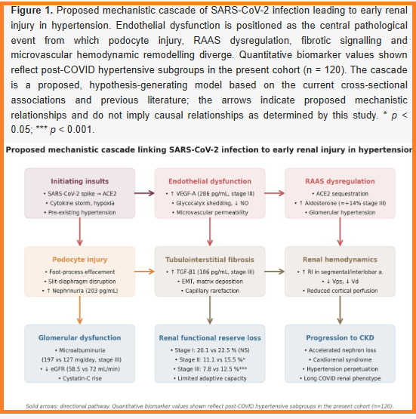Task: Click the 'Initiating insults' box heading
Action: click(79, 181)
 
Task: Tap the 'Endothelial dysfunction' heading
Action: click(210, 181)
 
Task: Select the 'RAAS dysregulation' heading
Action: click(340, 181)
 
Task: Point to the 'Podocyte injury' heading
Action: click(79, 260)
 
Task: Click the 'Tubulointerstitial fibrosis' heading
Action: click(210, 260)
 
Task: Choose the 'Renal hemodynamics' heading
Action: click(340, 260)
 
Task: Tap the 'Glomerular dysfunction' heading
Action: click(79, 337)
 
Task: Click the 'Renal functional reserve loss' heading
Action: click(210, 337)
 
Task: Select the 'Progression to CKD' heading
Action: click(340, 337)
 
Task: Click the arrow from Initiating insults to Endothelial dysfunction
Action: click(144, 193)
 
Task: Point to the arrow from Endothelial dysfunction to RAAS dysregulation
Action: click(275, 193)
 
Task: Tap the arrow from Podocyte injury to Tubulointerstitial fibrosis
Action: click(144, 272)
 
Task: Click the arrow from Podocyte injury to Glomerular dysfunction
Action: click(79, 310)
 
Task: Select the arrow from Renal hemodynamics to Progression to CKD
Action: click(340, 310)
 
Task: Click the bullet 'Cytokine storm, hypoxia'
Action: click(79, 203)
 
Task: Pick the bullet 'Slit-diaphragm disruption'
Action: click(79, 282)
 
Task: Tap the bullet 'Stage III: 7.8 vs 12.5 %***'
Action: click(210, 369)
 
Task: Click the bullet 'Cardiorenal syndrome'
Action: click(340, 359)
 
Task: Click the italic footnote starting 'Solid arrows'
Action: click(210, 406)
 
